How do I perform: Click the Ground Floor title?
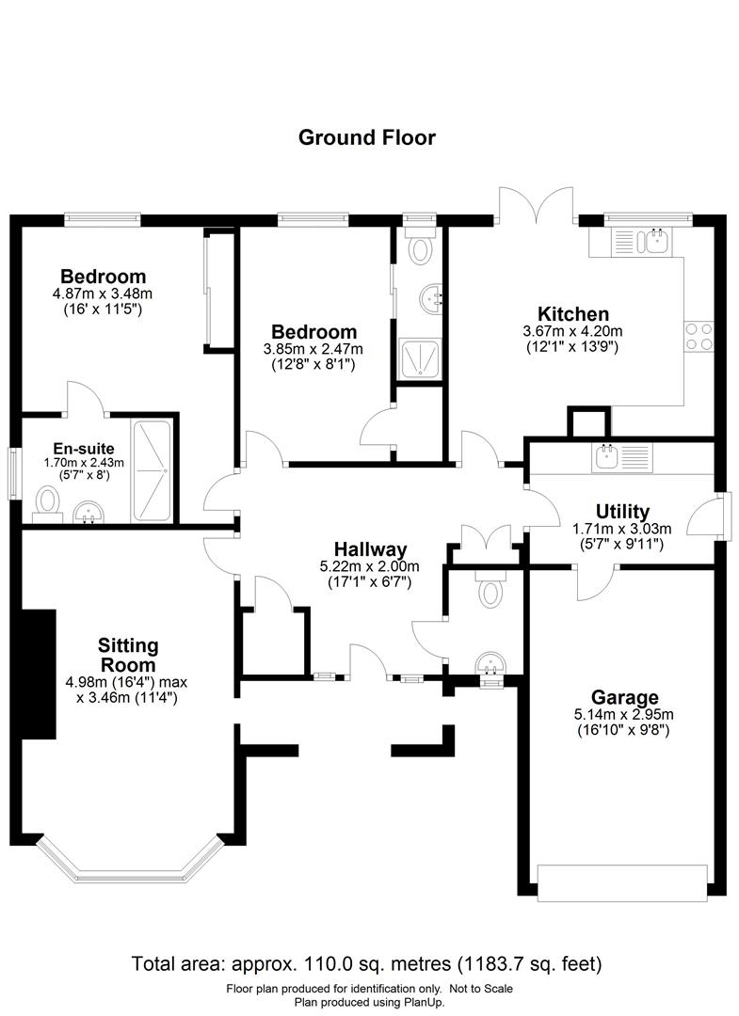[x=367, y=137]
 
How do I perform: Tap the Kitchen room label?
[x=572, y=313]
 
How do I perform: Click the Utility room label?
[x=621, y=511]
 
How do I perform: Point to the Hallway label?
[x=370, y=549]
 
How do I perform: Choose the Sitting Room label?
[x=128, y=655]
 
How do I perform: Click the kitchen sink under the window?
[x=655, y=242]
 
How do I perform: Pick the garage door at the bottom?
[x=621, y=879]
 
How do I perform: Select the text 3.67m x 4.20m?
[x=572, y=331]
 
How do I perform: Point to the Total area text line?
[x=367, y=963]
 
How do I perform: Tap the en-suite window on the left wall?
[x=14, y=469]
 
